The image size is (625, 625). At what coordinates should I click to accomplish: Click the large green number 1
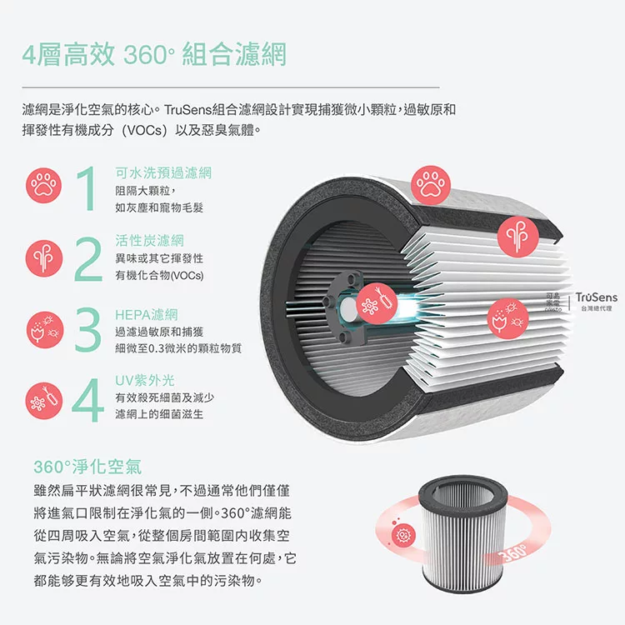coord(87,188)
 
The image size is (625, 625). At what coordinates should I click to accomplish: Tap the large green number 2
coord(88,259)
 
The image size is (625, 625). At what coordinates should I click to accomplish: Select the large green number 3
coord(87,329)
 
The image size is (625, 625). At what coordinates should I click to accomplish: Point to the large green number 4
coord(87,399)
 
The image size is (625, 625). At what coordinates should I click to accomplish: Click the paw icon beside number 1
coord(44,185)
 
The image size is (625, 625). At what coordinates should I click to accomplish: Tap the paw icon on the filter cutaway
coord(431,185)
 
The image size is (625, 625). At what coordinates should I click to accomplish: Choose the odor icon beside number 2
coord(44,258)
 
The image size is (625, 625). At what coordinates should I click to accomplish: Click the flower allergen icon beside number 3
coord(45,330)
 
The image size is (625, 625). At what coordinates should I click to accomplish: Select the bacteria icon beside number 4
coord(44,401)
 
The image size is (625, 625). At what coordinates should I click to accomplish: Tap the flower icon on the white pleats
coord(507,319)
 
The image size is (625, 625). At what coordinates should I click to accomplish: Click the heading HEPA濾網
coord(147,315)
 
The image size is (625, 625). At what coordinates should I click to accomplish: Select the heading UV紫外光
coord(145,380)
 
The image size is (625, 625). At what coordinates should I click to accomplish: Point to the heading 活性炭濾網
coord(149,240)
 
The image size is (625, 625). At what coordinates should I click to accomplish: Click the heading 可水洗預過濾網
coord(163,172)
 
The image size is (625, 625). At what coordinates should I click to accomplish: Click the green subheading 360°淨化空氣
coord(87,467)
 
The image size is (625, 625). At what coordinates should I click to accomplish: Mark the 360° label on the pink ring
coord(512,552)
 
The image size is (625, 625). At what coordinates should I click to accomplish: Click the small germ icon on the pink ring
coord(403,535)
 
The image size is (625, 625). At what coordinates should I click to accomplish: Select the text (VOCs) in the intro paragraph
coord(144,130)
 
